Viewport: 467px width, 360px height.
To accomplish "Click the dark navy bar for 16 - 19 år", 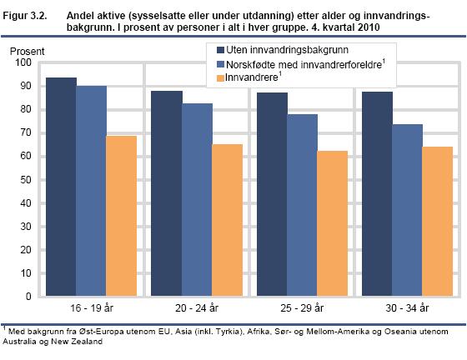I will click(61, 187).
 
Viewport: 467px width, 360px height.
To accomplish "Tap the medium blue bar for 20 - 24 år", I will click(197, 199).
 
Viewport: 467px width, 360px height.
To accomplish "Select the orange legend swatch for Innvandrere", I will click(221, 77).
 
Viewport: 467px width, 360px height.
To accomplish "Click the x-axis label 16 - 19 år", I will click(91, 308).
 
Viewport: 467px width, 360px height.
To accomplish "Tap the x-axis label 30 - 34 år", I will click(408, 308).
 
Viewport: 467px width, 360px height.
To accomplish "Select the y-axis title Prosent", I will click(28, 52).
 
